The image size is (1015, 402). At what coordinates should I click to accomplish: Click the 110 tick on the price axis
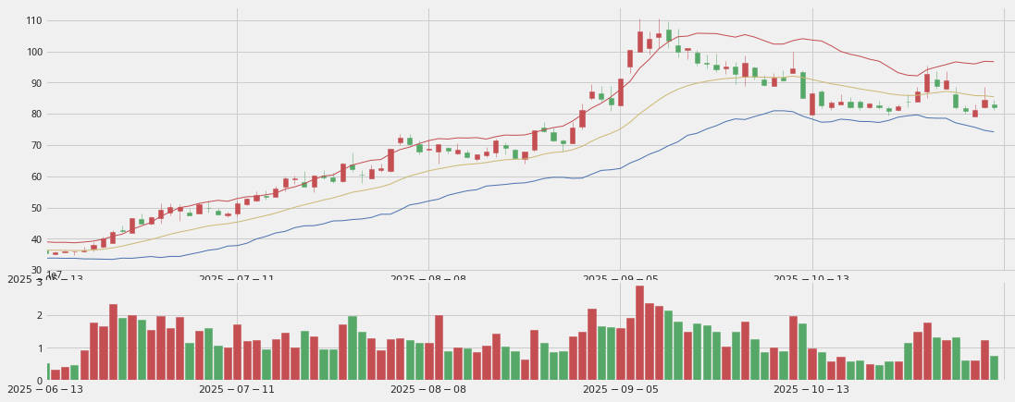click(x=33, y=20)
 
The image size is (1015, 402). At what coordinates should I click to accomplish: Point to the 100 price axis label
click(x=33, y=52)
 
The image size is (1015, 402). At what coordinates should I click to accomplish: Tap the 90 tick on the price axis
click(x=35, y=83)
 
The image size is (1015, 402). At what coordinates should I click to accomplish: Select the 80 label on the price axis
click(x=35, y=115)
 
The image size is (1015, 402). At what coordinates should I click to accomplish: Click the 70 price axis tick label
click(x=35, y=146)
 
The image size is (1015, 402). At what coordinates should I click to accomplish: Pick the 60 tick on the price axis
click(x=35, y=177)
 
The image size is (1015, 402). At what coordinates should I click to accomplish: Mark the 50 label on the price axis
click(x=35, y=209)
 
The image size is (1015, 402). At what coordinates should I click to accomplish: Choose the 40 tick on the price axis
click(x=35, y=240)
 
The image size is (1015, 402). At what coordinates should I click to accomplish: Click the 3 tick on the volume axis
click(x=39, y=282)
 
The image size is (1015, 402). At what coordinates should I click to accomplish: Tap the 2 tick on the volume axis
click(x=39, y=315)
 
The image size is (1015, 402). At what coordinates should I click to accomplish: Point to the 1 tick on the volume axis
click(x=39, y=348)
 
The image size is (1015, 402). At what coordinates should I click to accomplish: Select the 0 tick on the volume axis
click(x=39, y=381)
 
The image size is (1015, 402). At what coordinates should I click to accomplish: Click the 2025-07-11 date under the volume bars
click(x=236, y=390)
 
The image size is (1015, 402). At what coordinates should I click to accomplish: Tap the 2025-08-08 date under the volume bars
click(x=428, y=390)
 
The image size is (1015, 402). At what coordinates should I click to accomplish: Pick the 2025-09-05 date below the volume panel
click(x=621, y=390)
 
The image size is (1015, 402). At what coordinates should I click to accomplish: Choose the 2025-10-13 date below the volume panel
click(x=811, y=390)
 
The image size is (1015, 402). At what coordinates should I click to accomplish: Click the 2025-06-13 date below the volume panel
click(x=44, y=390)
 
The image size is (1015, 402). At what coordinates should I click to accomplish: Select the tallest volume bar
click(x=639, y=333)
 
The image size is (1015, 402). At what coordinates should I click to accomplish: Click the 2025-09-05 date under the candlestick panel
click(x=621, y=279)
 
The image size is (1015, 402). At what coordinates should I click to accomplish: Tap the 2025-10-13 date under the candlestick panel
click(x=811, y=279)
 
